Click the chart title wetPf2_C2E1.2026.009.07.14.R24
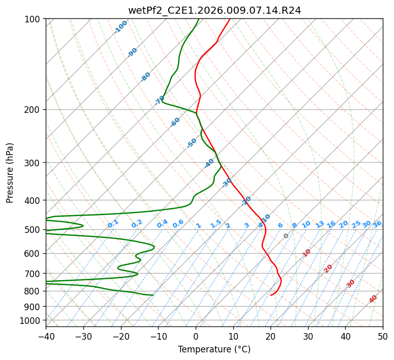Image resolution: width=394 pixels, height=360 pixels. pos(215,11)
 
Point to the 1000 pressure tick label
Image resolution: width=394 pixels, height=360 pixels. pos(33,320)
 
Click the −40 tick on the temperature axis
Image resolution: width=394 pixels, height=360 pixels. pos(46,336)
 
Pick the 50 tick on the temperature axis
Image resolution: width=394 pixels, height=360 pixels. pos(383,336)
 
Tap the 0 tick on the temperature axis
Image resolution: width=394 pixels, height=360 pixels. pos(196,336)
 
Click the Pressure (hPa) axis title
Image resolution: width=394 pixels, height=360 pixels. pos(10,173)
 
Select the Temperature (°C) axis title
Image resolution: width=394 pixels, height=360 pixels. pos(215,349)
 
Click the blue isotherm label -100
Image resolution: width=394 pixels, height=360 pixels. pos(120,27)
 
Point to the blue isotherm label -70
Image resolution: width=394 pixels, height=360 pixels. pos(159,100)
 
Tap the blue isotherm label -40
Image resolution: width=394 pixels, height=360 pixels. pos(209,163)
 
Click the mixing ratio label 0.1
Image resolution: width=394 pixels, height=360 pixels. pos(113,224)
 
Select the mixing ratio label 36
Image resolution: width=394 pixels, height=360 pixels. pos(377,224)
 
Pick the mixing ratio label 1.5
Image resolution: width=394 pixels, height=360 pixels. pos(216,224)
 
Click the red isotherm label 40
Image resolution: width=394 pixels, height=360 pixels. pos(373,299)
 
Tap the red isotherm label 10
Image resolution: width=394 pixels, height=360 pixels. pos(307,253)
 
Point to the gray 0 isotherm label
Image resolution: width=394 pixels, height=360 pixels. pos(286,236)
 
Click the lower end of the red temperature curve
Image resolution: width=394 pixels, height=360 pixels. pos(270,295)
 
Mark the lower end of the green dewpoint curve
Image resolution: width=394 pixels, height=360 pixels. pos(153,295)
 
